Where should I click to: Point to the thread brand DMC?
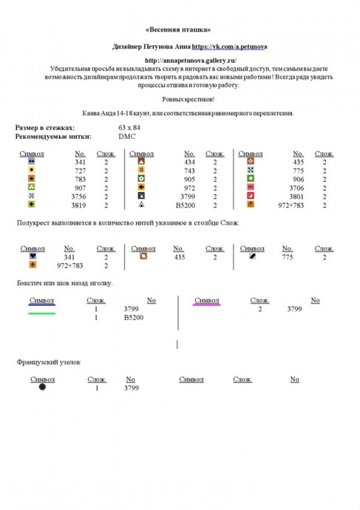127,136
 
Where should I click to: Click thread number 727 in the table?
80,171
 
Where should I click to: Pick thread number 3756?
79,197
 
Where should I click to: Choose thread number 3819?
79,206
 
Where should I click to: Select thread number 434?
190,162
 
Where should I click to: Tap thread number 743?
190,171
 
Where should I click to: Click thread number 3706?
297,188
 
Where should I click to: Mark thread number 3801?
297,197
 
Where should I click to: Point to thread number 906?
299,180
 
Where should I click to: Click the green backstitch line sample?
42,313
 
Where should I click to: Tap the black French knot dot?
42,387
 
